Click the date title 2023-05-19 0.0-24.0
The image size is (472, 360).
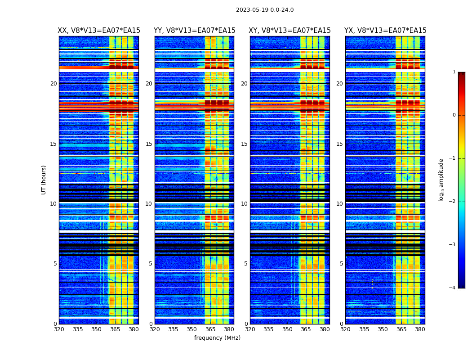click(x=265, y=10)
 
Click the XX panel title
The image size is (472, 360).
click(x=99, y=31)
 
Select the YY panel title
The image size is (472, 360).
click(x=194, y=31)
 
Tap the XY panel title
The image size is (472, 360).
click(x=290, y=31)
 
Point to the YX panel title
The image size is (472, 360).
click(x=385, y=31)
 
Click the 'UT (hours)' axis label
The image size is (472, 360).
click(x=44, y=180)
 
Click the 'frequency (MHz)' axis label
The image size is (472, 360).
click(x=217, y=338)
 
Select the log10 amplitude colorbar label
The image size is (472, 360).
click(x=441, y=180)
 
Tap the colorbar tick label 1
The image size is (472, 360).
click(x=454, y=72)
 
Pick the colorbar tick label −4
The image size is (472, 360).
click(x=453, y=288)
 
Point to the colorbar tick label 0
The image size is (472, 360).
click(x=454, y=115)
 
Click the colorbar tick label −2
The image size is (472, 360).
click(x=453, y=202)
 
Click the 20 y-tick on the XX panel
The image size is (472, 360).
click(x=53, y=84)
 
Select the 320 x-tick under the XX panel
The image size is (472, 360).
click(x=59, y=329)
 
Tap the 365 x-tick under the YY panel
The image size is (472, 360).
click(x=210, y=329)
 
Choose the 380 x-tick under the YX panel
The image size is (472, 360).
click(x=420, y=329)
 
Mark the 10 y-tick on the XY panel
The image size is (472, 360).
click(x=245, y=204)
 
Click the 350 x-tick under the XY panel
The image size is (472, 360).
click(x=287, y=329)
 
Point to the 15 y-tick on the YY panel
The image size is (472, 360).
click(x=149, y=144)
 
